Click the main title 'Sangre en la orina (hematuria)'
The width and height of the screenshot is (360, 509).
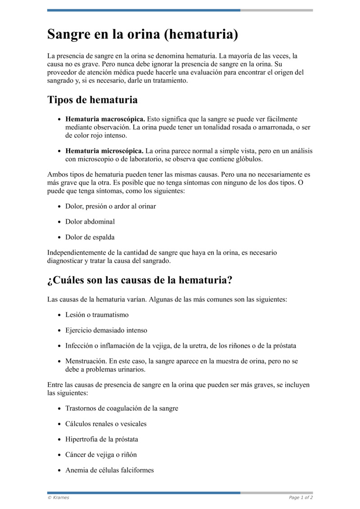143,34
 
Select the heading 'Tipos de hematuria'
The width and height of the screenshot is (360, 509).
92,99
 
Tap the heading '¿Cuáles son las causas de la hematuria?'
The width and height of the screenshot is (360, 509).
139,280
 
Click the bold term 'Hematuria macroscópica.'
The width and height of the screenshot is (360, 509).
105,119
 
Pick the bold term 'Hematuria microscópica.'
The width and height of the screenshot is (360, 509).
104,151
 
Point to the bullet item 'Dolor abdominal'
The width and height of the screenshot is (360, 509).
90,221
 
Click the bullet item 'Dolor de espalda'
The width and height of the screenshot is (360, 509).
90,237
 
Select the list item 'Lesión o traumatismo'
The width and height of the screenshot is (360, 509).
97,315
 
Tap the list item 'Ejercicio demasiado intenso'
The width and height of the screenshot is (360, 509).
106,330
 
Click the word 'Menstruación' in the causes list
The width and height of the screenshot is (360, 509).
85,361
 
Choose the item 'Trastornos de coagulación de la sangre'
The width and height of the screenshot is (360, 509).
121,408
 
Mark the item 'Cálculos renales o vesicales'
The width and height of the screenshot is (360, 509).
106,423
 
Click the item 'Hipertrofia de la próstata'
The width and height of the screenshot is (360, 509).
102,439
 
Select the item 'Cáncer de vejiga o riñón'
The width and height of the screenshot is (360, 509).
101,455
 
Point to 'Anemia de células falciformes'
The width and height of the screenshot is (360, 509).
109,470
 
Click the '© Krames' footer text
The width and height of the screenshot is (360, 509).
58,498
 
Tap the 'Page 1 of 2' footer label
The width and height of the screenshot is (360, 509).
301,498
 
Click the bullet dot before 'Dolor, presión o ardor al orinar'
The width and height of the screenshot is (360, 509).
60,207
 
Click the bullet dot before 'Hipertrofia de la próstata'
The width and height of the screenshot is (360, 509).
60,439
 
